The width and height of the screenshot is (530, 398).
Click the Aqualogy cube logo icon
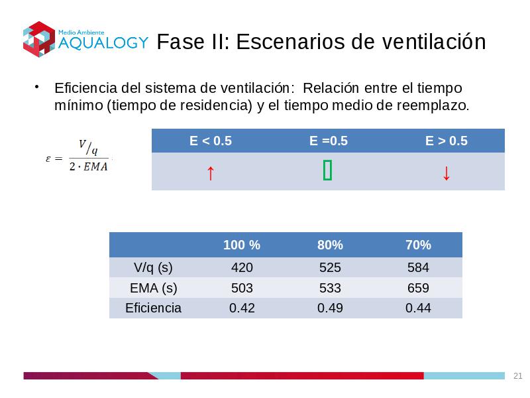pyautogui.click(x=39, y=39)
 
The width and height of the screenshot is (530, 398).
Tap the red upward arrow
pyautogui.click(x=210, y=173)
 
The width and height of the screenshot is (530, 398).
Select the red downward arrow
pyautogui.click(x=446, y=173)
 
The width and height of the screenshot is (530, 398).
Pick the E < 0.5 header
pyautogui.click(x=211, y=141)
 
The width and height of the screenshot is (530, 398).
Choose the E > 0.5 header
pyautogui.click(x=446, y=141)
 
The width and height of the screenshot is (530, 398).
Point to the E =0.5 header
pyautogui.click(x=328, y=141)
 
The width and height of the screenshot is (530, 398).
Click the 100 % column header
pyautogui.click(x=242, y=245)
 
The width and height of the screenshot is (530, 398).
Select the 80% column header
pyautogui.click(x=330, y=245)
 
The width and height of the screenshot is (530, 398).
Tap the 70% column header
pyautogui.click(x=418, y=245)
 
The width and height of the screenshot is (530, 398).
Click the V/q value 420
pyautogui.click(x=242, y=268)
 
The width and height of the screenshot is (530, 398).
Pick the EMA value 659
pyautogui.click(x=418, y=288)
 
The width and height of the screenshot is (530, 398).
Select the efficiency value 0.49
pyautogui.click(x=330, y=308)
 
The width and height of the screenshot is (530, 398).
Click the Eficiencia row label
pyautogui.click(x=153, y=308)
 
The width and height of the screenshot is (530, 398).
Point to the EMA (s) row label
pyautogui.click(x=154, y=289)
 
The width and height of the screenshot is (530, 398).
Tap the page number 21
pyautogui.click(x=517, y=375)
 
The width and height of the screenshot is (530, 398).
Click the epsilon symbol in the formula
pyautogui.click(x=48, y=159)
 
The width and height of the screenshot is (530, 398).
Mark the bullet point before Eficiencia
pyautogui.click(x=36, y=87)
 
